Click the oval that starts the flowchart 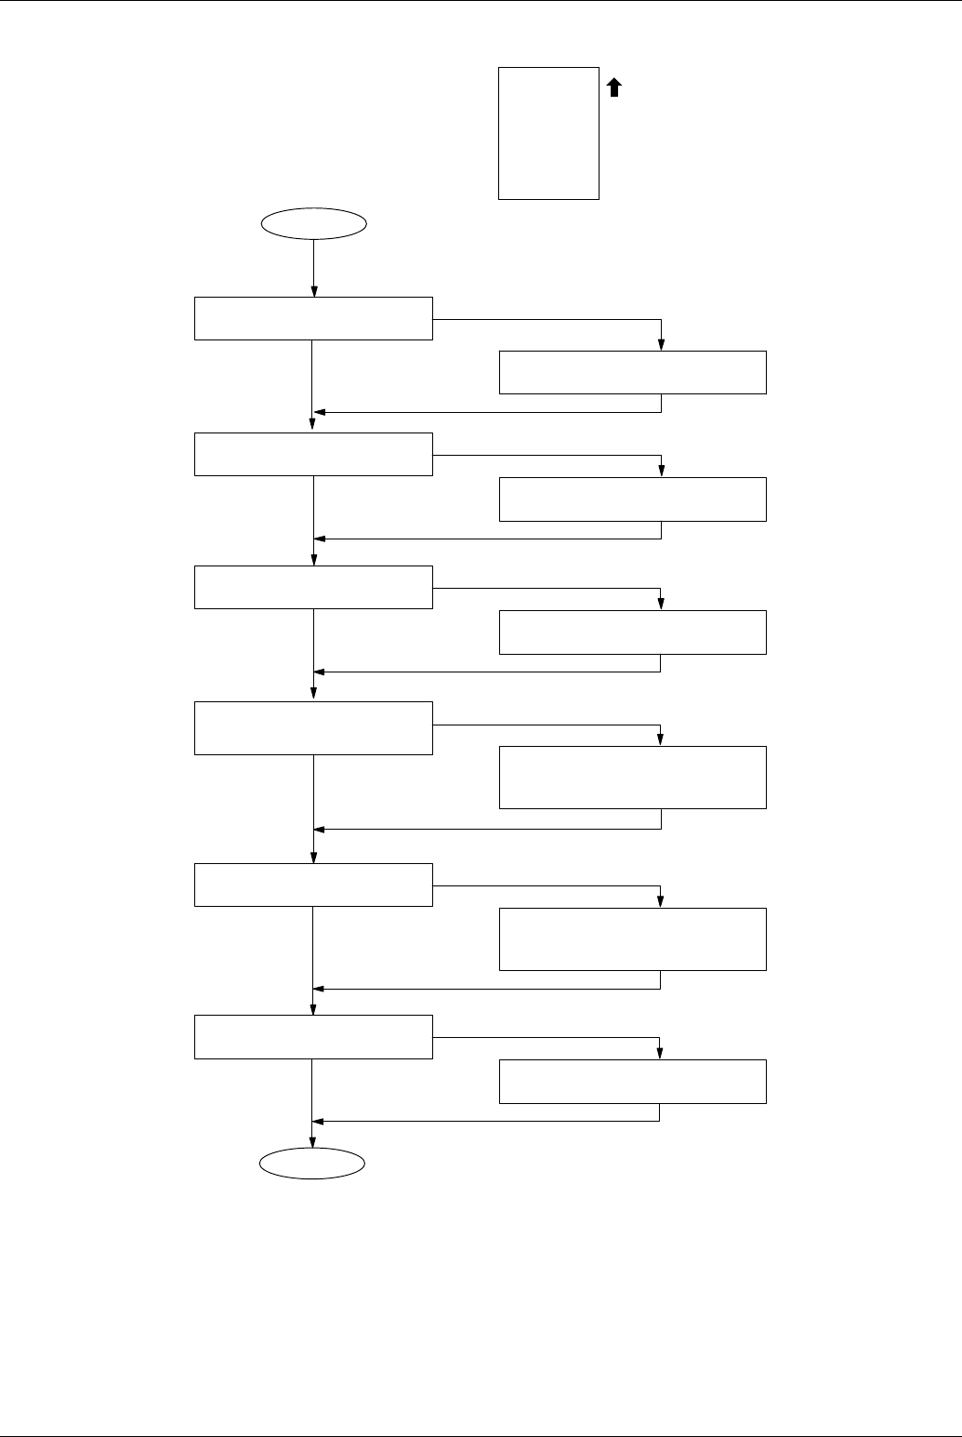click(314, 224)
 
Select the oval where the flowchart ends click(312, 1164)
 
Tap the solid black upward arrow click(613, 87)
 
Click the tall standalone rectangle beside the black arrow click(548, 133)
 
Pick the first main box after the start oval click(313, 318)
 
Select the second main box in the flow click(313, 454)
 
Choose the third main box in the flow click(313, 587)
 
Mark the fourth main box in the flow click(313, 727)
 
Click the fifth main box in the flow click(313, 885)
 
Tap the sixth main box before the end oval click(313, 1037)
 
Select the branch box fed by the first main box click(632, 372)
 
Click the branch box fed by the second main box click(632, 499)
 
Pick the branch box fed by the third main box click(632, 632)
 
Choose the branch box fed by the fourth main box click(632, 777)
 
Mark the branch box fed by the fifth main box click(632, 938)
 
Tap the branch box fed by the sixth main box click(632, 1082)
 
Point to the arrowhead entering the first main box click(314, 291)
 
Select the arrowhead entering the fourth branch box click(660, 740)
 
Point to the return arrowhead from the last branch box click(319, 1121)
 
